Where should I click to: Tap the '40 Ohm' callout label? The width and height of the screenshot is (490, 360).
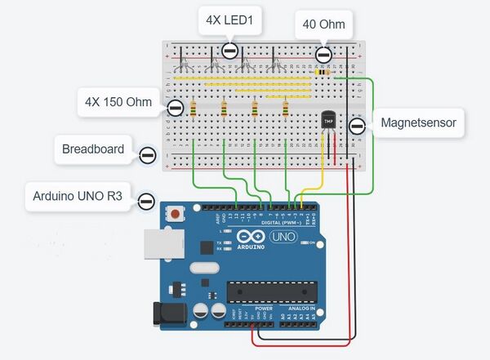click(323, 25)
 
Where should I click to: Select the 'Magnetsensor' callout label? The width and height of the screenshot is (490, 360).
click(417, 124)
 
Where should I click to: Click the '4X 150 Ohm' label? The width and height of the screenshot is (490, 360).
click(118, 103)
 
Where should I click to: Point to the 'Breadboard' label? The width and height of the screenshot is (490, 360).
click(93, 149)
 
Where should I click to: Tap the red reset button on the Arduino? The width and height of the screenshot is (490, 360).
click(175, 215)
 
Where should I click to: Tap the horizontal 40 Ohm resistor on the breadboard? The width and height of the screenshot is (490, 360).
click(323, 72)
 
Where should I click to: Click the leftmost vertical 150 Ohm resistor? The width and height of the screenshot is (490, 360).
click(193, 108)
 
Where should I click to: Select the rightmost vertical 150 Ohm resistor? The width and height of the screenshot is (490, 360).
click(285, 108)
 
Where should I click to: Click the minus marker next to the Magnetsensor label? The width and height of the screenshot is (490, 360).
click(356, 126)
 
